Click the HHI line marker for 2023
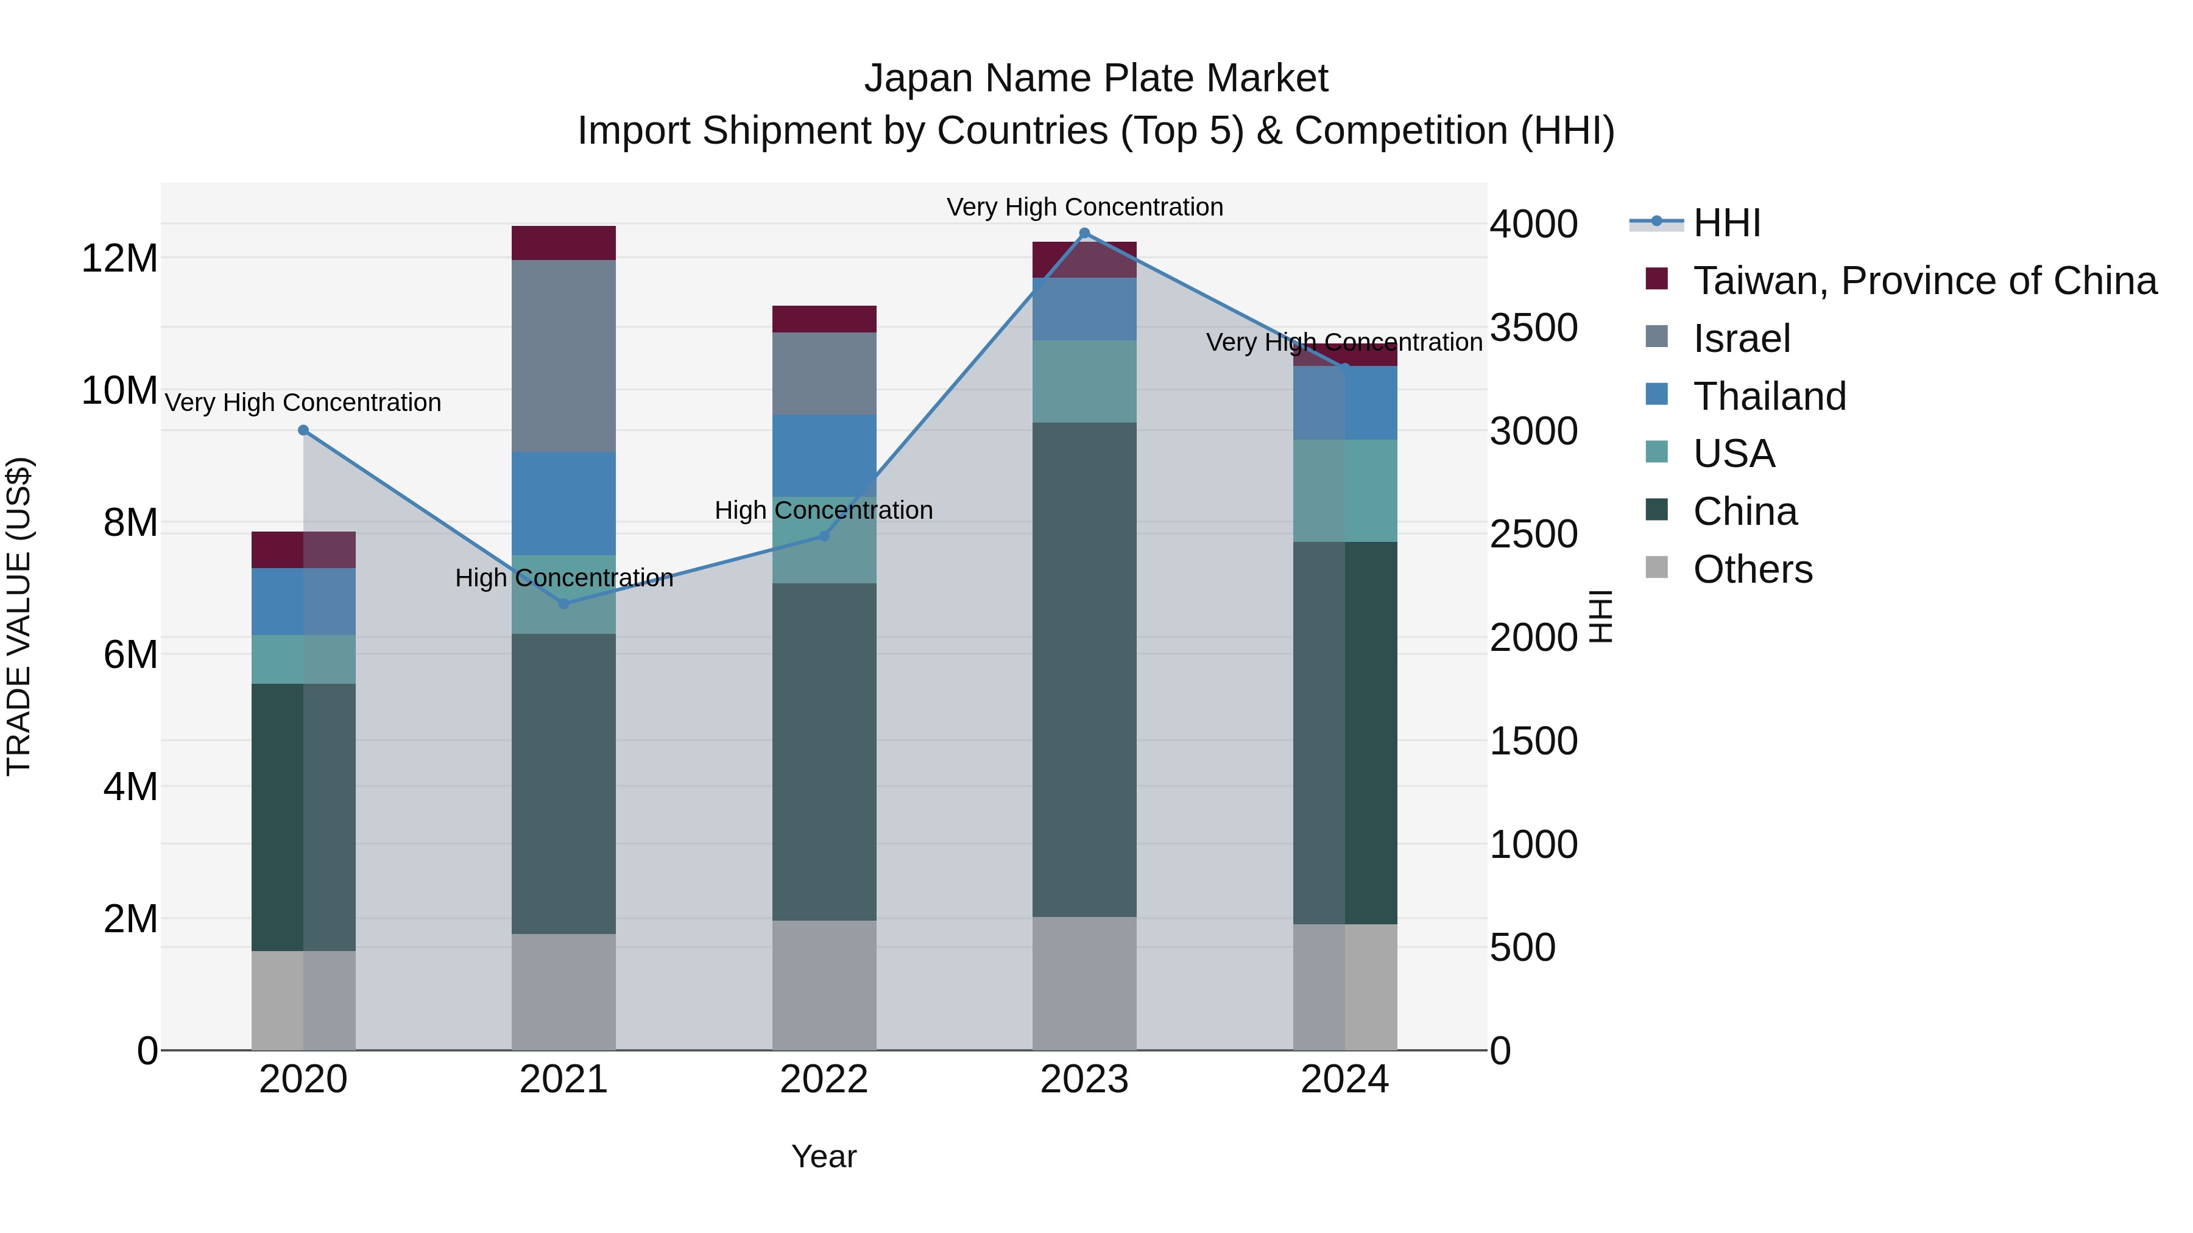(1084, 233)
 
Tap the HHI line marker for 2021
(563, 603)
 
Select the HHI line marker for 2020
(303, 430)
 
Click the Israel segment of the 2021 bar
(563, 356)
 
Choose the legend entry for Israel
(1741, 339)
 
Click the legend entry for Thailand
(1768, 396)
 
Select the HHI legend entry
(1726, 223)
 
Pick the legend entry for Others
(1752, 569)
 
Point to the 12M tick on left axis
(119, 258)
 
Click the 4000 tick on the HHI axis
(1533, 225)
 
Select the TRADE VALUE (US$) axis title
(19, 616)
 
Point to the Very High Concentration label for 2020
(303, 402)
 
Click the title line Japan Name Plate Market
(1096, 79)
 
